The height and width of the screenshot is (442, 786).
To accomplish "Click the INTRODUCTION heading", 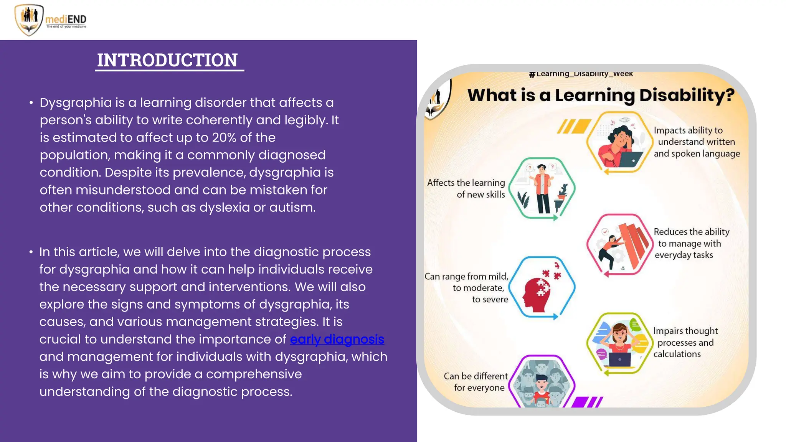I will (x=167, y=60).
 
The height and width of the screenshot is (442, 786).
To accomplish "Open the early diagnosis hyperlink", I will (x=337, y=339).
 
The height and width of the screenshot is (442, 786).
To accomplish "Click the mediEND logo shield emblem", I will (x=29, y=20).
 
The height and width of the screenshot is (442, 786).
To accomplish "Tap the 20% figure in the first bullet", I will (x=225, y=137).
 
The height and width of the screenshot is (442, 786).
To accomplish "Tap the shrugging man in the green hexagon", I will (x=542, y=188).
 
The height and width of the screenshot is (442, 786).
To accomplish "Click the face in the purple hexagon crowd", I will (x=541, y=386).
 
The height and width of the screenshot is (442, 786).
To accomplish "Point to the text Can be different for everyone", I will (x=476, y=382).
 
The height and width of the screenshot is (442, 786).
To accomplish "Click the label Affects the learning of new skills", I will (x=467, y=188).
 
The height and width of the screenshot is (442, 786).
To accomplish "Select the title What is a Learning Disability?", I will (x=601, y=95).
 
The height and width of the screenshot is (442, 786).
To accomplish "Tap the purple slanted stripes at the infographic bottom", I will (x=587, y=402).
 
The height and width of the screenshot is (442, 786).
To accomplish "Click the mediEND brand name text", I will (x=66, y=19).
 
